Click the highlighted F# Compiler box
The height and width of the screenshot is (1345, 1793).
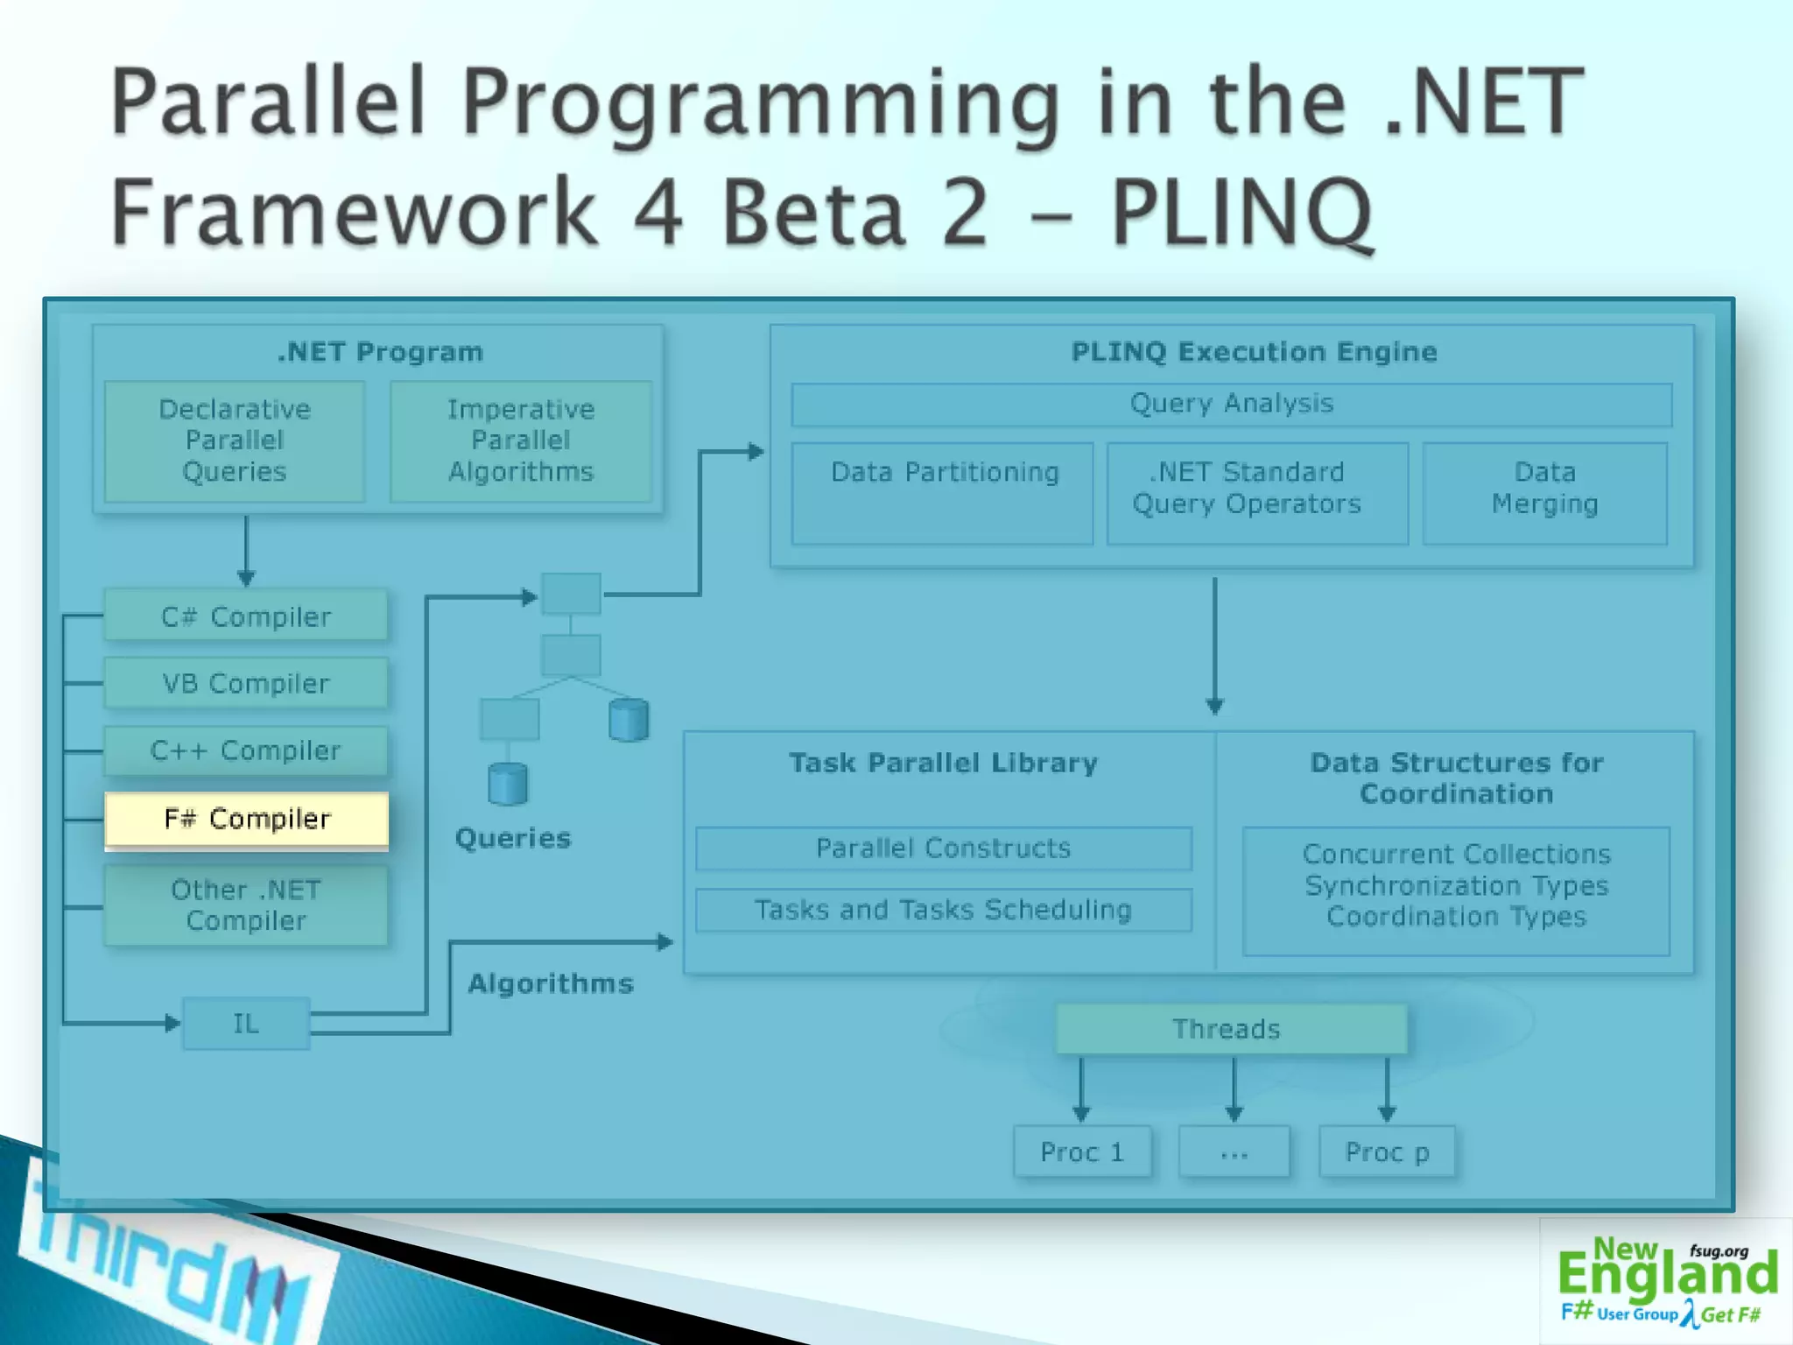[x=246, y=820]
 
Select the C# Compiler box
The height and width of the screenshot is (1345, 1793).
[x=246, y=616]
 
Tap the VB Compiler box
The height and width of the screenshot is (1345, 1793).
[x=246, y=683]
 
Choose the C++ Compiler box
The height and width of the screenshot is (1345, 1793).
[x=246, y=750]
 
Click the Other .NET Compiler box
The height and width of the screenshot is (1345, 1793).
[x=246, y=905]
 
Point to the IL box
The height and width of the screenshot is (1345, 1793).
[x=246, y=1023]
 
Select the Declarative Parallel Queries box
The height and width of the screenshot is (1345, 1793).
[x=235, y=440]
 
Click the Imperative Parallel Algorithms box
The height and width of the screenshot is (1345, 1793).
[x=521, y=440]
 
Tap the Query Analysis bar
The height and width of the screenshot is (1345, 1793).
[x=1231, y=404]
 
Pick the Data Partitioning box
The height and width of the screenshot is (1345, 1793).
[x=943, y=493]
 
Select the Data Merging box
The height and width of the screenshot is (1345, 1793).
[x=1545, y=493]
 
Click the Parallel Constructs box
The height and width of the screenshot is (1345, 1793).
[x=943, y=848]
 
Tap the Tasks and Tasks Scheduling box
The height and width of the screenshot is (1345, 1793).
[x=943, y=910]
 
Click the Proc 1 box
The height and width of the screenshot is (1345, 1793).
[x=1082, y=1151]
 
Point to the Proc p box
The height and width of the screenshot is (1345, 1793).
[x=1388, y=1151]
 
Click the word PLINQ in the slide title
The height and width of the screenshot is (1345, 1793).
[x=1241, y=213]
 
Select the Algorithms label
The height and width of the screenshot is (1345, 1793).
[x=551, y=983]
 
